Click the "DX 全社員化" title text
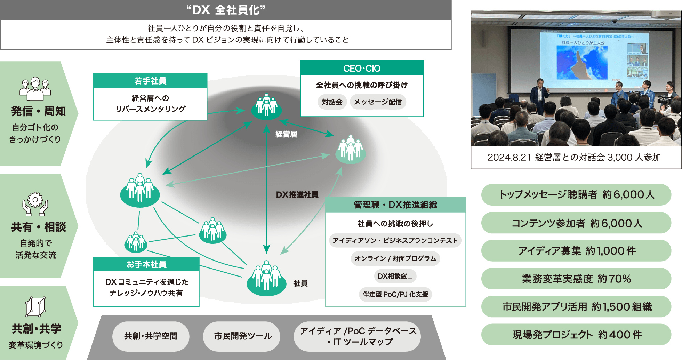point(226,10)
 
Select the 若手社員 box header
point(150,81)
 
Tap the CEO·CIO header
point(362,68)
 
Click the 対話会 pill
point(332,102)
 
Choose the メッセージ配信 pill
point(378,102)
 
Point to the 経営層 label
point(286,134)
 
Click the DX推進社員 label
point(297,195)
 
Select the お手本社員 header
point(146,264)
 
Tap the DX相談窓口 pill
point(395,276)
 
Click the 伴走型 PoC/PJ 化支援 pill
point(395,294)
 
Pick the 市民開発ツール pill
point(242,336)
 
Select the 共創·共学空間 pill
point(151,336)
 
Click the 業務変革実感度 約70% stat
point(576,279)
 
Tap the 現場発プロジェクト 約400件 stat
point(576,335)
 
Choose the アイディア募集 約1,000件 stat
point(576,251)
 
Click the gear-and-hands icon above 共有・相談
point(35,204)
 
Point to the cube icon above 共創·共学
point(35,307)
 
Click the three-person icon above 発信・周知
point(35,88)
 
